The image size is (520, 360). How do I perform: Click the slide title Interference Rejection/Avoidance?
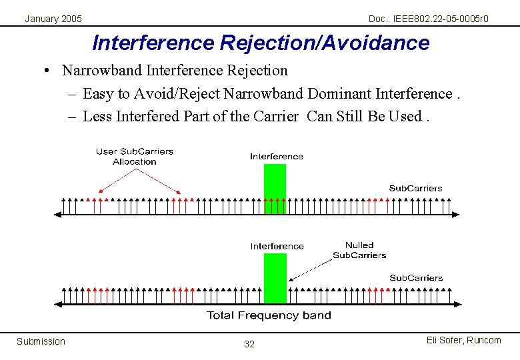click(261, 43)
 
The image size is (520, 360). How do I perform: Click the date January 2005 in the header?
click(53, 19)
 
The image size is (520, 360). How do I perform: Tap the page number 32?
click(249, 344)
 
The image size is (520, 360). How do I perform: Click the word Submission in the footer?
click(41, 341)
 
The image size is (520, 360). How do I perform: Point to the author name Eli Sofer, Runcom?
click(463, 340)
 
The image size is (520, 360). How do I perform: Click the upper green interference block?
click(275, 181)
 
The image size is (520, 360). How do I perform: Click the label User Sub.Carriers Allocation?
click(135, 156)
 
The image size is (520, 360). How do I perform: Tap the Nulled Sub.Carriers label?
click(359, 250)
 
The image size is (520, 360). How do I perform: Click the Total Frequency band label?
click(269, 315)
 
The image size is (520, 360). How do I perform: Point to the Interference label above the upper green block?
click(277, 156)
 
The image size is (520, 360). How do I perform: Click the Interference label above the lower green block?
click(277, 246)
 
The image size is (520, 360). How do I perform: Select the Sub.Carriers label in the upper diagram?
click(415, 188)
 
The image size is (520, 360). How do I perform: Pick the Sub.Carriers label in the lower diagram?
click(416, 277)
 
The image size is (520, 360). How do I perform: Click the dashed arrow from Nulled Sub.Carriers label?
click(310, 269)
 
